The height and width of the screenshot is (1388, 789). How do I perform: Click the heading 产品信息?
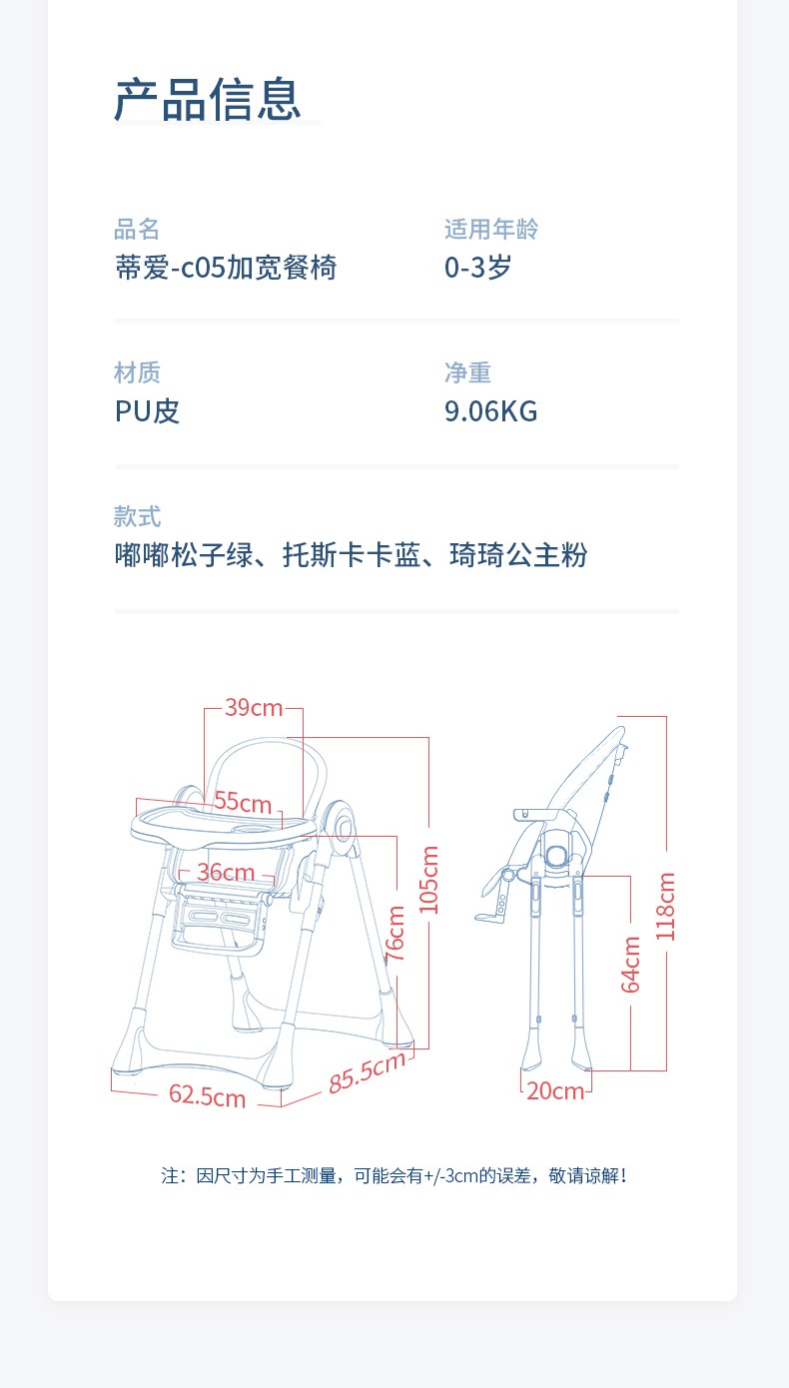coord(207,100)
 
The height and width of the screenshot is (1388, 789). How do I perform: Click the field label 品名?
coord(137,230)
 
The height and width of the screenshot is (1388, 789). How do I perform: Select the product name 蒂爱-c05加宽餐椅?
coord(226,268)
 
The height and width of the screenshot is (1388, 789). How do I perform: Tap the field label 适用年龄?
coord(491,230)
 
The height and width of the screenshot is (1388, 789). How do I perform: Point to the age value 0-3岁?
coord(477,268)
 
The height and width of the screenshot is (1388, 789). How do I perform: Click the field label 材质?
coord(137,373)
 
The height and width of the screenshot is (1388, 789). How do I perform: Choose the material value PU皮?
coord(147,411)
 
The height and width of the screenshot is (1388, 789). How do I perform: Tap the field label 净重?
coord(467,373)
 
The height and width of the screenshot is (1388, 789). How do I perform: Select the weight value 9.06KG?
coord(490,411)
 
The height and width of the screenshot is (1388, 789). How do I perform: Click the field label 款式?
coord(137,517)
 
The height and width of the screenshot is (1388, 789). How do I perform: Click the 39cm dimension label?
coord(254,708)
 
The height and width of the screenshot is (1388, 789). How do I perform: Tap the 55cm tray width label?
coord(243,803)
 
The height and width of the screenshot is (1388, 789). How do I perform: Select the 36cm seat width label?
coord(226,873)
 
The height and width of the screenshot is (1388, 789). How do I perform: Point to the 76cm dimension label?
coord(396,934)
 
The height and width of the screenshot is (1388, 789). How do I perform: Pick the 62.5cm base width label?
coord(207,1095)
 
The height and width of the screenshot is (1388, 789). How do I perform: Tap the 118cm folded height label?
coord(666,906)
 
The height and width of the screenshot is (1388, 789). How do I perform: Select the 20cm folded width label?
coord(555,1091)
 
